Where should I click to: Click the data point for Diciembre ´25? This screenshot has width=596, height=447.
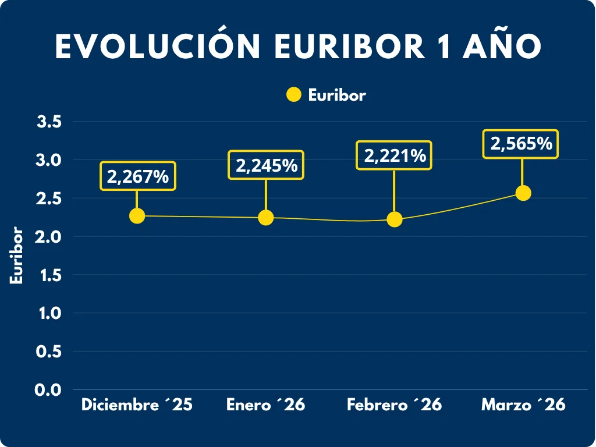click(137, 215)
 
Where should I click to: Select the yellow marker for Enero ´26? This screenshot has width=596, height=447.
click(265, 217)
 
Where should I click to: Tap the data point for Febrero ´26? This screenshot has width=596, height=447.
click(395, 219)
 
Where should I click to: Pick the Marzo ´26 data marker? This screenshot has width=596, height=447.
click(523, 193)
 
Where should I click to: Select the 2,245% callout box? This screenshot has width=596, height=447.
click(267, 165)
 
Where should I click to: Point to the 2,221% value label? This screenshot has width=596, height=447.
click(395, 155)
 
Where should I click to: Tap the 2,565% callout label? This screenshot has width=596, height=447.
click(521, 144)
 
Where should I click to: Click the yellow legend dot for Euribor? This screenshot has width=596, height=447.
click(294, 95)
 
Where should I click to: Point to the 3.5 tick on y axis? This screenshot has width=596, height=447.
click(49, 122)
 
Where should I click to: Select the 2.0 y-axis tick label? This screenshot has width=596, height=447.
click(49, 237)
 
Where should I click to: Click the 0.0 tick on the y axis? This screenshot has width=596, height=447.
click(49, 390)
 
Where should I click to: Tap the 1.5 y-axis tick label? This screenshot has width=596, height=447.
click(49, 275)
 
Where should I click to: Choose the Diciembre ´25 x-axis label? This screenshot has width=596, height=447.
click(137, 405)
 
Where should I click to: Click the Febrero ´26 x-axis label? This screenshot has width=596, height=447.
click(395, 405)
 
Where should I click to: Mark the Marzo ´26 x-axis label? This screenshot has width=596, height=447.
click(523, 405)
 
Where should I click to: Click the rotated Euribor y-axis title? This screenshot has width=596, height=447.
click(17, 256)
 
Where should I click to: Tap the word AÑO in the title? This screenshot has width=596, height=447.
click(502, 47)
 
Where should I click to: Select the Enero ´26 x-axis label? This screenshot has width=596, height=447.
click(265, 405)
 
